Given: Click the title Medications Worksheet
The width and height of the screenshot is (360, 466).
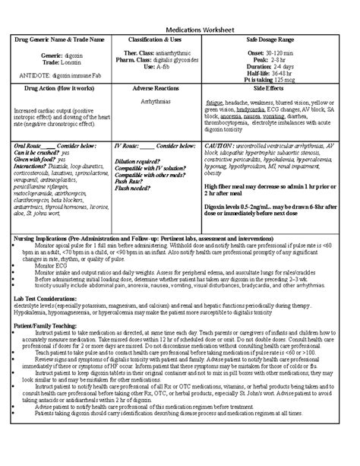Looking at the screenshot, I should [180, 24].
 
